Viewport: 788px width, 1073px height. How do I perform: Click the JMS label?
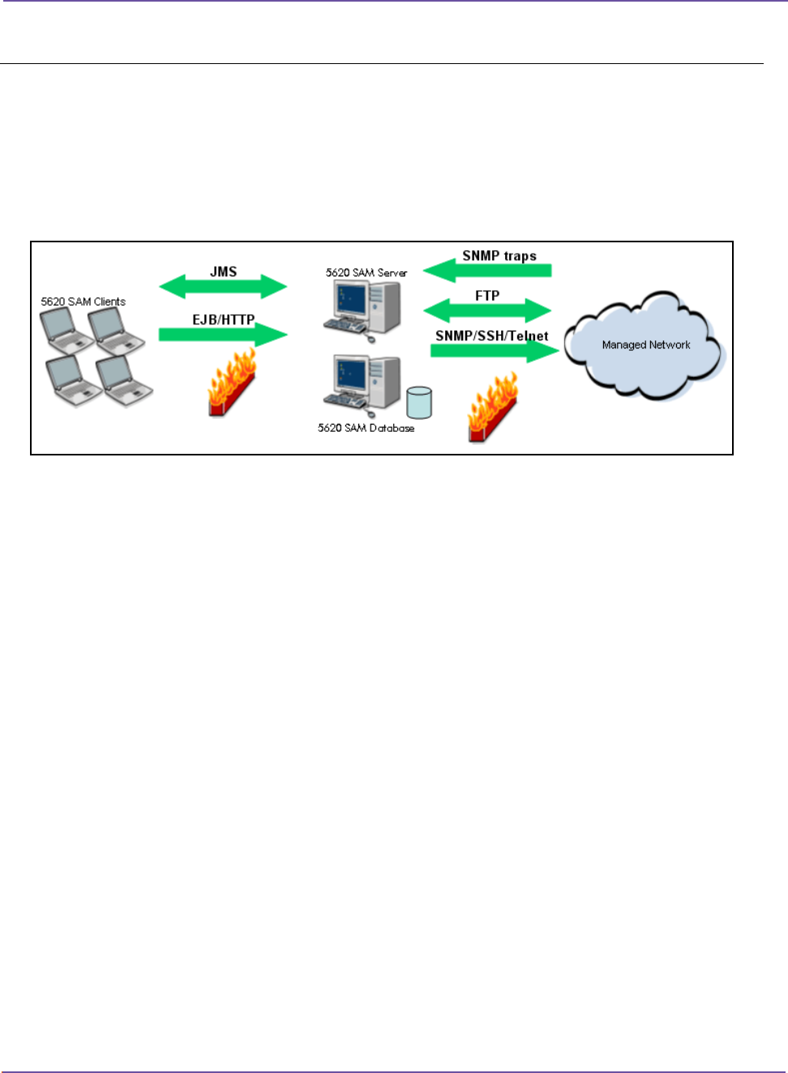[223, 271]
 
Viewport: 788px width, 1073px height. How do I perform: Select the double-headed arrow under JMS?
[223, 286]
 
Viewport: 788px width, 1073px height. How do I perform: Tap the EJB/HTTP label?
[223, 320]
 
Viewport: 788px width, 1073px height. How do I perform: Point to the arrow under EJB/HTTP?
[223, 334]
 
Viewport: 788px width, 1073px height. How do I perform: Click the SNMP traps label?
[499, 256]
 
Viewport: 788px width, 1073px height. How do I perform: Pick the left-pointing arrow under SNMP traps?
[487, 271]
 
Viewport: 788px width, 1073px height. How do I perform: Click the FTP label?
[487, 296]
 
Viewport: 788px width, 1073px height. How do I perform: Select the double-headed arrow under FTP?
[487, 310]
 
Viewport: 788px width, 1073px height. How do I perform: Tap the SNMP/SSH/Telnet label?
[491, 336]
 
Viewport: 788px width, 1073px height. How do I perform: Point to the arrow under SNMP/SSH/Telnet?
[495, 350]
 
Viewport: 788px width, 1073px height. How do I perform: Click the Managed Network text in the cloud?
[646, 344]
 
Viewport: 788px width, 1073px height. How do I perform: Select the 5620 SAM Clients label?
[84, 301]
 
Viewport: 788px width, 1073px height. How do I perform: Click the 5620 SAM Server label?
[366, 272]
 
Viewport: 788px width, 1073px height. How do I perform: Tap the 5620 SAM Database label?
[366, 428]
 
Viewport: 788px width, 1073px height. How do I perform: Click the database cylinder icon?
[419, 402]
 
